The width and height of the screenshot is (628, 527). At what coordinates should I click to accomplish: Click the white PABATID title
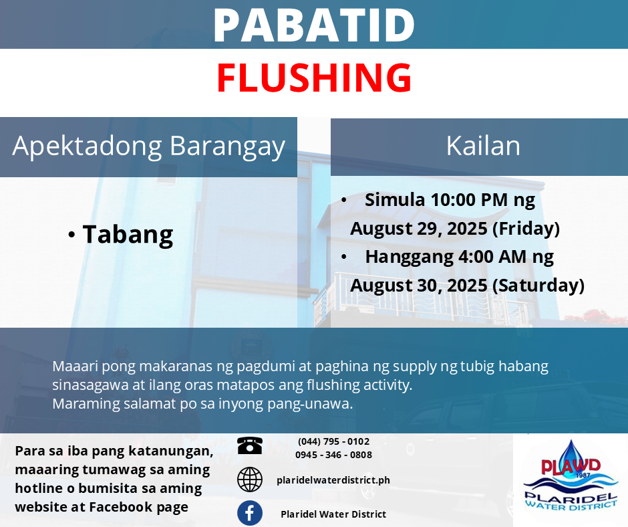(x=314, y=25)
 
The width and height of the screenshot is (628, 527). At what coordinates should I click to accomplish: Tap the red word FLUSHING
(x=314, y=78)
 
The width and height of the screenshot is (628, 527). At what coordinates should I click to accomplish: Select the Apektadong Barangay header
(x=148, y=146)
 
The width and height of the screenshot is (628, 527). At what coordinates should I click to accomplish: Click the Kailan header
(x=483, y=146)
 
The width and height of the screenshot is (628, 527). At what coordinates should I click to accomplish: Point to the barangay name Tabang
(x=128, y=235)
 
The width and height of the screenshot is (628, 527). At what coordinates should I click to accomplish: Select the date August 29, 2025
(x=418, y=229)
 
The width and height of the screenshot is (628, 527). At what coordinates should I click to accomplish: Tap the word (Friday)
(x=526, y=229)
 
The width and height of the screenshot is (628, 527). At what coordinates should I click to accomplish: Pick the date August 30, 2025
(x=418, y=286)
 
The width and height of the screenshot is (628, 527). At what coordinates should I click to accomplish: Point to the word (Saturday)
(x=538, y=286)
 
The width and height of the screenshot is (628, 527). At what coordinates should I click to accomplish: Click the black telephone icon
(x=249, y=445)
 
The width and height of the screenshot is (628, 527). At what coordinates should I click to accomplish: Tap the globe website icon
(x=249, y=480)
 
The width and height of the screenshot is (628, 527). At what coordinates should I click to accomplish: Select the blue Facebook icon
(x=249, y=513)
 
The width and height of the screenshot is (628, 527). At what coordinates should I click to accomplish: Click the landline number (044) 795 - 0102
(x=333, y=441)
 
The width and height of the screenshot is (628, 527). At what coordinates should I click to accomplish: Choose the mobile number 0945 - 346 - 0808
(x=333, y=455)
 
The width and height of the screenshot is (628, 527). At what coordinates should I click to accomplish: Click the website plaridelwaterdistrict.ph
(x=333, y=480)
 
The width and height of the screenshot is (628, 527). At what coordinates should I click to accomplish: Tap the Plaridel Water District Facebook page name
(x=333, y=514)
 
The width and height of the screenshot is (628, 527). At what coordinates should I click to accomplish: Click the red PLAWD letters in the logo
(x=571, y=466)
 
